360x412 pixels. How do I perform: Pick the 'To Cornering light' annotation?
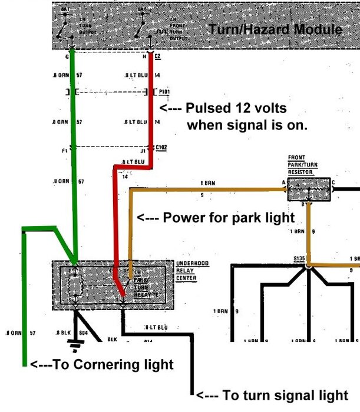[101, 364]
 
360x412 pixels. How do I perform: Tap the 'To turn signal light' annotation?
[276, 395]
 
